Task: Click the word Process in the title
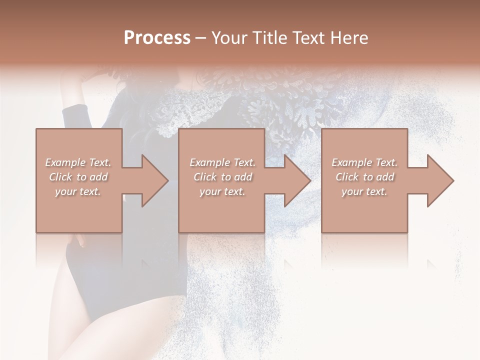[x=157, y=38]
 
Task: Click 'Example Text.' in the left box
[x=78, y=162]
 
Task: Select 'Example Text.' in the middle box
[x=222, y=162]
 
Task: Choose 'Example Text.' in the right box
[x=364, y=162]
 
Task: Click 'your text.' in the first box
[x=78, y=191]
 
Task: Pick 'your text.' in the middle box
[x=222, y=191]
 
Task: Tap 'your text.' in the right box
[x=364, y=191]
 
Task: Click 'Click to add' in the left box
[x=78, y=177]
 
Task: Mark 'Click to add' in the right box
[x=364, y=177]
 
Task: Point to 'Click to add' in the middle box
[x=222, y=177]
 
